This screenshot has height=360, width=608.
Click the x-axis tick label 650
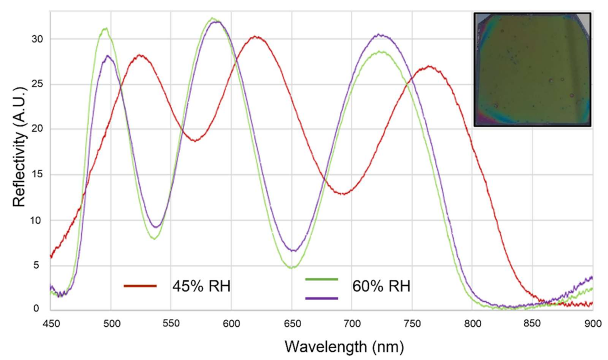pyautogui.click(x=292, y=324)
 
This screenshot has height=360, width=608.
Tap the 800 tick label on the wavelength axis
pyautogui.click(x=472, y=324)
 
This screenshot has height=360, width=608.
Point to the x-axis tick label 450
pyautogui.click(x=51, y=324)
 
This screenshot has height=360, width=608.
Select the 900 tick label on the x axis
pyautogui.click(x=593, y=324)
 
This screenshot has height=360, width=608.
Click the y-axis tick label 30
pyautogui.click(x=37, y=39)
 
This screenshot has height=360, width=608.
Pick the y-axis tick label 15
pyautogui.click(x=37, y=175)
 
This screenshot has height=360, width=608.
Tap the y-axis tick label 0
pyautogui.click(x=36, y=308)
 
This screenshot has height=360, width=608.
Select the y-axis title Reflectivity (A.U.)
pyautogui.click(x=19, y=146)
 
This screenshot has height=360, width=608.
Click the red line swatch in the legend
pyautogui.click(x=140, y=286)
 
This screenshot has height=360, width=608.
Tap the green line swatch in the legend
pyautogui.click(x=321, y=279)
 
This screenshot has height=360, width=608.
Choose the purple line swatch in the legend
pyautogui.click(x=321, y=299)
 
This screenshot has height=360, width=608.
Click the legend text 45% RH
pyautogui.click(x=201, y=286)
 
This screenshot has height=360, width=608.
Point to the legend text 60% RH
pyautogui.click(x=381, y=286)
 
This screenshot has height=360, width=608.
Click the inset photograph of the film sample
pyautogui.click(x=532, y=70)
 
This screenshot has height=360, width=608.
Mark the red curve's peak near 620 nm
pyautogui.click(x=255, y=37)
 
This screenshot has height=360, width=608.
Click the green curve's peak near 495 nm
pyautogui.click(x=105, y=29)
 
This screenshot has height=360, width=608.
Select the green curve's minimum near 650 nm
pyautogui.click(x=292, y=267)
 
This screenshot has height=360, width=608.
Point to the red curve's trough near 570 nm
pyautogui.click(x=195, y=141)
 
